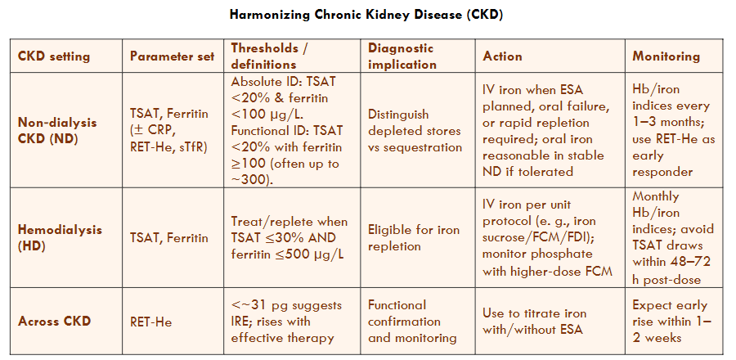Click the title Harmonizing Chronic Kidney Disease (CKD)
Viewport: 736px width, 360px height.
(x=366, y=15)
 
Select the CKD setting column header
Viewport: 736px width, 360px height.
(x=53, y=56)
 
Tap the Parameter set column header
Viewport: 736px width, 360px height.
(x=172, y=56)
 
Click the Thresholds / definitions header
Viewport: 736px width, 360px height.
(x=269, y=56)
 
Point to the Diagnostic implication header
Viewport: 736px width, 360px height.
(x=402, y=56)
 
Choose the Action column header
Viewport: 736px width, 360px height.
(x=502, y=56)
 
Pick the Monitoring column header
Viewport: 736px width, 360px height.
(x=666, y=56)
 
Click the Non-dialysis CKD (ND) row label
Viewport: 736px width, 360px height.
(x=57, y=130)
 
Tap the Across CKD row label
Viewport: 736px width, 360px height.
(x=54, y=322)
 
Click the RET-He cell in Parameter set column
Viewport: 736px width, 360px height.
(x=150, y=322)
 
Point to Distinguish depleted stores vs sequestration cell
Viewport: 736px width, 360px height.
(x=415, y=131)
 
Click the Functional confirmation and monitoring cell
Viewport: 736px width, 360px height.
(x=412, y=322)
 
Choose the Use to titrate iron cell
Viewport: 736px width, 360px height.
(x=534, y=322)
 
